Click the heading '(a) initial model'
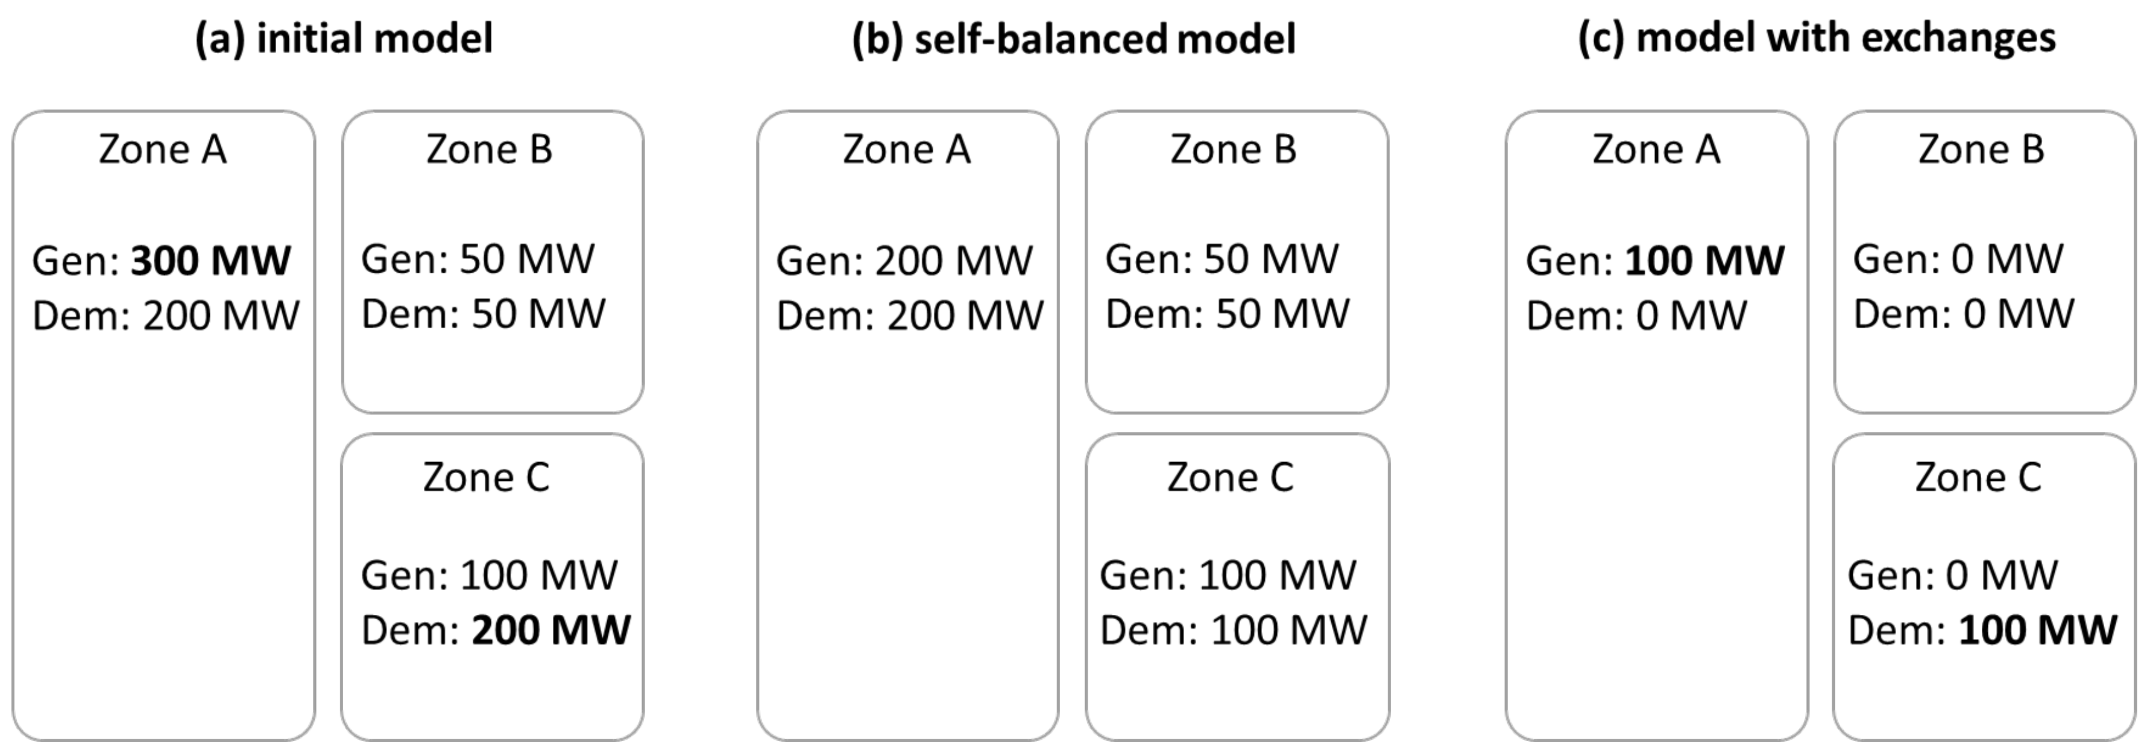click(x=344, y=39)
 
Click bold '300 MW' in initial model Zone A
click(x=210, y=261)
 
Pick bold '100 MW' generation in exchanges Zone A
click(x=1704, y=261)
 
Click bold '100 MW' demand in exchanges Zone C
click(x=2037, y=631)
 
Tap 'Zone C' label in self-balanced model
click(x=1229, y=477)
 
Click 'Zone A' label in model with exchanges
click(x=1656, y=150)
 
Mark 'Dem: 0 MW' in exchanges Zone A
click(x=1636, y=316)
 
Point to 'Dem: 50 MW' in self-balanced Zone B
click(x=1227, y=314)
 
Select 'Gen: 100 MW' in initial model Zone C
click(x=489, y=575)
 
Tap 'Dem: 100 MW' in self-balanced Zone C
click(x=1234, y=631)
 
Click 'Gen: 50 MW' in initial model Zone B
click(x=478, y=259)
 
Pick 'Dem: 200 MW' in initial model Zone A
click(x=165, y=316)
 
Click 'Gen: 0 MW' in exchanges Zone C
click(x=1952, y=575)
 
